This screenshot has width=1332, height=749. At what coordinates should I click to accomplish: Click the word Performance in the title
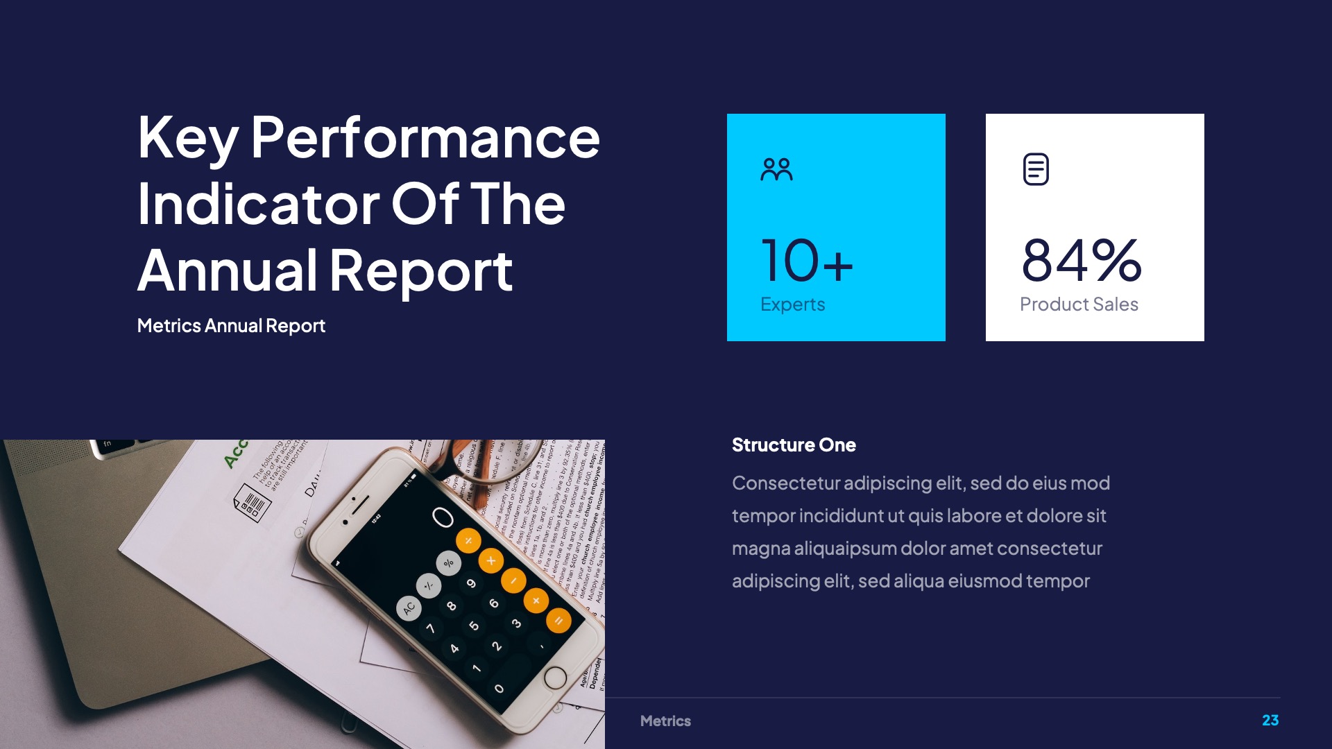(x=425, y=138)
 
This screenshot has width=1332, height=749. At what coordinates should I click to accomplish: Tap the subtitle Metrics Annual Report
(x=231, y=326)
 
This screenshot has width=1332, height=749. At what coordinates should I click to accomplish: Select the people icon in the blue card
(x=776, y=169)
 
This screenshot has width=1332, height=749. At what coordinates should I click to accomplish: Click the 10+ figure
(x=807, y=261)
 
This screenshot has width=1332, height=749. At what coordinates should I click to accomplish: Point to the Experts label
(x=792, y=304)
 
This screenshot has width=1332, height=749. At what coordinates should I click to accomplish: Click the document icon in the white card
(x=1036, y=169)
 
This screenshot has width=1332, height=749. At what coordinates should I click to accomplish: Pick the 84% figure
(x=1081, y=261)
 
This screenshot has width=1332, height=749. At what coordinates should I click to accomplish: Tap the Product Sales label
(x=1079, y=304)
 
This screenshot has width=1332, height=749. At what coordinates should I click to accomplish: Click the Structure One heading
(x=794, y=445)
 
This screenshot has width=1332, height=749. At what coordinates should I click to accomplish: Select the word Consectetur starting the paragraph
(x=786, y=483)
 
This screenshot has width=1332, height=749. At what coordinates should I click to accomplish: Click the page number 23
(x=1270, y=721)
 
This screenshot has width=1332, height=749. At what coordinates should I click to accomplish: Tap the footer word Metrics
(x=665, y=721)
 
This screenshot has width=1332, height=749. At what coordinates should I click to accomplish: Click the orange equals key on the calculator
(x=558, y=620)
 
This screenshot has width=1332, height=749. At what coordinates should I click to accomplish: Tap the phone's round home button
(x=555, y=678)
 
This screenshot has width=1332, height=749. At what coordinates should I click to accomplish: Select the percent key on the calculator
(x=449, y=562)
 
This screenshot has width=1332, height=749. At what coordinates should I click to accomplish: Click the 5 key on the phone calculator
(x=474, y=626)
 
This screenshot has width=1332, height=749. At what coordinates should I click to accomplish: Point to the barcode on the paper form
(x=253, y=502)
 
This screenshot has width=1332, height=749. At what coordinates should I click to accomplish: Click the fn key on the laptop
(x=108, y=444)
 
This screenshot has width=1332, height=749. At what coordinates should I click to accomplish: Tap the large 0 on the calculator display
(x=443, y=517)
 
